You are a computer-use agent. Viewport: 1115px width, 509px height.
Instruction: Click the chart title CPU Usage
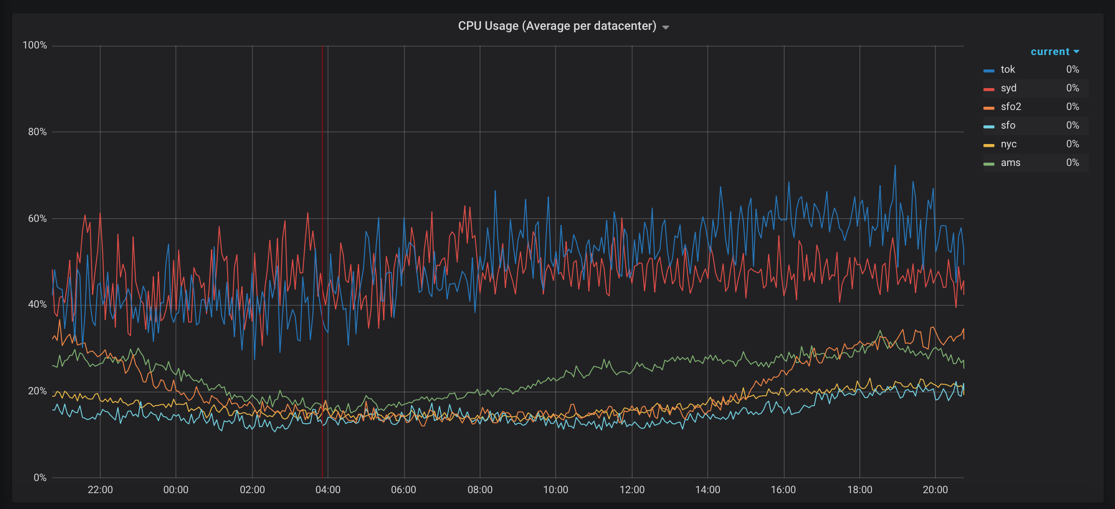pyautogui.click(x=557, y=26)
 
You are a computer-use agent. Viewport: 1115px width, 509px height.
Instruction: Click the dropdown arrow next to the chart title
pyautogui.click(x=666, y=28)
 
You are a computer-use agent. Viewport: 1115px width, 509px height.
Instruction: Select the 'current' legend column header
pyautogui.click(x=1050, y=52)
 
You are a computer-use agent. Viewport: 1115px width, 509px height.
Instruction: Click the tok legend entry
pyautogui.click(x=1007, y=69)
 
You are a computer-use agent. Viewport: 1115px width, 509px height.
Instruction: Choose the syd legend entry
pyautogui.click(x=1008, y=88)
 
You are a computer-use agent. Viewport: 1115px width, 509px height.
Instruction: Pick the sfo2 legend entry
pyautogui.click(x=1010, y=107)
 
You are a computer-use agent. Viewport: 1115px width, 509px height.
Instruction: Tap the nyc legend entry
pyautogui.click(x=1008, y=144)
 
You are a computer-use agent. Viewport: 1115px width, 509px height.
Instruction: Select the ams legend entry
pyautogui.click(x=1010, y=163)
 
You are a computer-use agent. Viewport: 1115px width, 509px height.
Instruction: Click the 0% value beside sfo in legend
pyautogui.click(x=1072, y=125)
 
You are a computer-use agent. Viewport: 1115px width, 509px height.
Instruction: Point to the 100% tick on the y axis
pyautogui.click(x=35, y=45)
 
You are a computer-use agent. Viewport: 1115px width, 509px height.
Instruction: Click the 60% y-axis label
pyautogui.click(x=37, y=219)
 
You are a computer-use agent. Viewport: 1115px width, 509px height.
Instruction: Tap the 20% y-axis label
pyautogui.click(x=37, y=391)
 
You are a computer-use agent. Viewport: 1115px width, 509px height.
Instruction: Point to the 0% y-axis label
pyautogui.click(x=40, y=478)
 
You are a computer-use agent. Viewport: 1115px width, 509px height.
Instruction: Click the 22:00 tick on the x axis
pyautogui.click(x=100, y=490)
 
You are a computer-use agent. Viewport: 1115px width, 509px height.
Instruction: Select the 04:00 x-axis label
pyautogui.click(x=328, y=490)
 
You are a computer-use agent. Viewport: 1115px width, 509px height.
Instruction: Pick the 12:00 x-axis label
pyautogui.click(x=632, y=490)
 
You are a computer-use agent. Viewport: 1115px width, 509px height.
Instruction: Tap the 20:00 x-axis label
pyautogui.click(x=935, y=490)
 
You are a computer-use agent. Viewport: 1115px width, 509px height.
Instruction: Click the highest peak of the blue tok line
pyautogui.click(x=895, y=166)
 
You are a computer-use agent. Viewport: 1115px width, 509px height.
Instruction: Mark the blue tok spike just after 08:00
pyautogui.click(x=495, y=192)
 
